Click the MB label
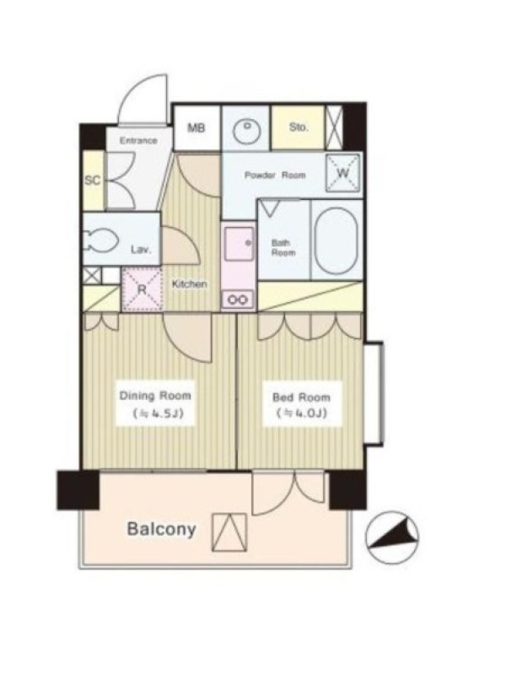click(196, 128)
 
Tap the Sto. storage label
click(299, 127)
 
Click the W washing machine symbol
click(343, 173)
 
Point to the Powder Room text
click(275, 175)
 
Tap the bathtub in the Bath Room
click(336, 241)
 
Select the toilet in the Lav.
click(101, 240)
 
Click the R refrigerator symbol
click(142, 289)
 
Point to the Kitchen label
click(189, 284)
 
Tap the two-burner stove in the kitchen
click(238, 300)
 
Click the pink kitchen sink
click(239, 244)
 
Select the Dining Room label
click(155, 395)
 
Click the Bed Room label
click(301, 397)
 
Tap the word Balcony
click(162, 529)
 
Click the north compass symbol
click(392, 537)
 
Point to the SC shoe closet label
click(92, 181)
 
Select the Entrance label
click(138, 141)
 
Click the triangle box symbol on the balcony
click(229, 532)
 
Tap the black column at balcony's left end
click(78, 490)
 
